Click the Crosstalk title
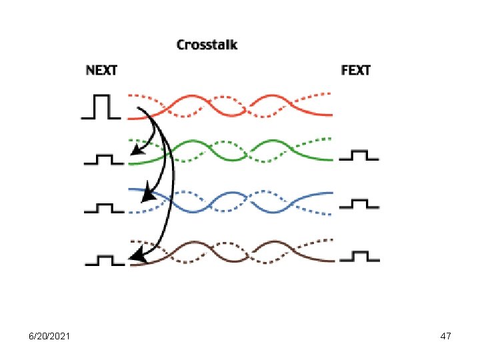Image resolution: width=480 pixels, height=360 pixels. coord(206,45)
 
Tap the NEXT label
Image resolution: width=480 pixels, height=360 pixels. coord(101,70)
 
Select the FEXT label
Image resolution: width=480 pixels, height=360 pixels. coord(355,70)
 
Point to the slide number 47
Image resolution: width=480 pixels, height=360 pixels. coord(446,337)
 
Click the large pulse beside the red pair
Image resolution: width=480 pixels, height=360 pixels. coord(101,107)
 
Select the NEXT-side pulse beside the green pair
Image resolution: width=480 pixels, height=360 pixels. coord(104,159)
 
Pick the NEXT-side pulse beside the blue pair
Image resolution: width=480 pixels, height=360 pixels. coord(104,208)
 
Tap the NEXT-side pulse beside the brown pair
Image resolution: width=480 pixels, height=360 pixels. coord(104,259)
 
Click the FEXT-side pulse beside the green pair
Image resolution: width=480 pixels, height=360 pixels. coord(359,156)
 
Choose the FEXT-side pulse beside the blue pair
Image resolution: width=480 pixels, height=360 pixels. coord(359,203)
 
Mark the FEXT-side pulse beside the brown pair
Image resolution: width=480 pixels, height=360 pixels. coord(359,255)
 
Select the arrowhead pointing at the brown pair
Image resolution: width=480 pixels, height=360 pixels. coord(137,254)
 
